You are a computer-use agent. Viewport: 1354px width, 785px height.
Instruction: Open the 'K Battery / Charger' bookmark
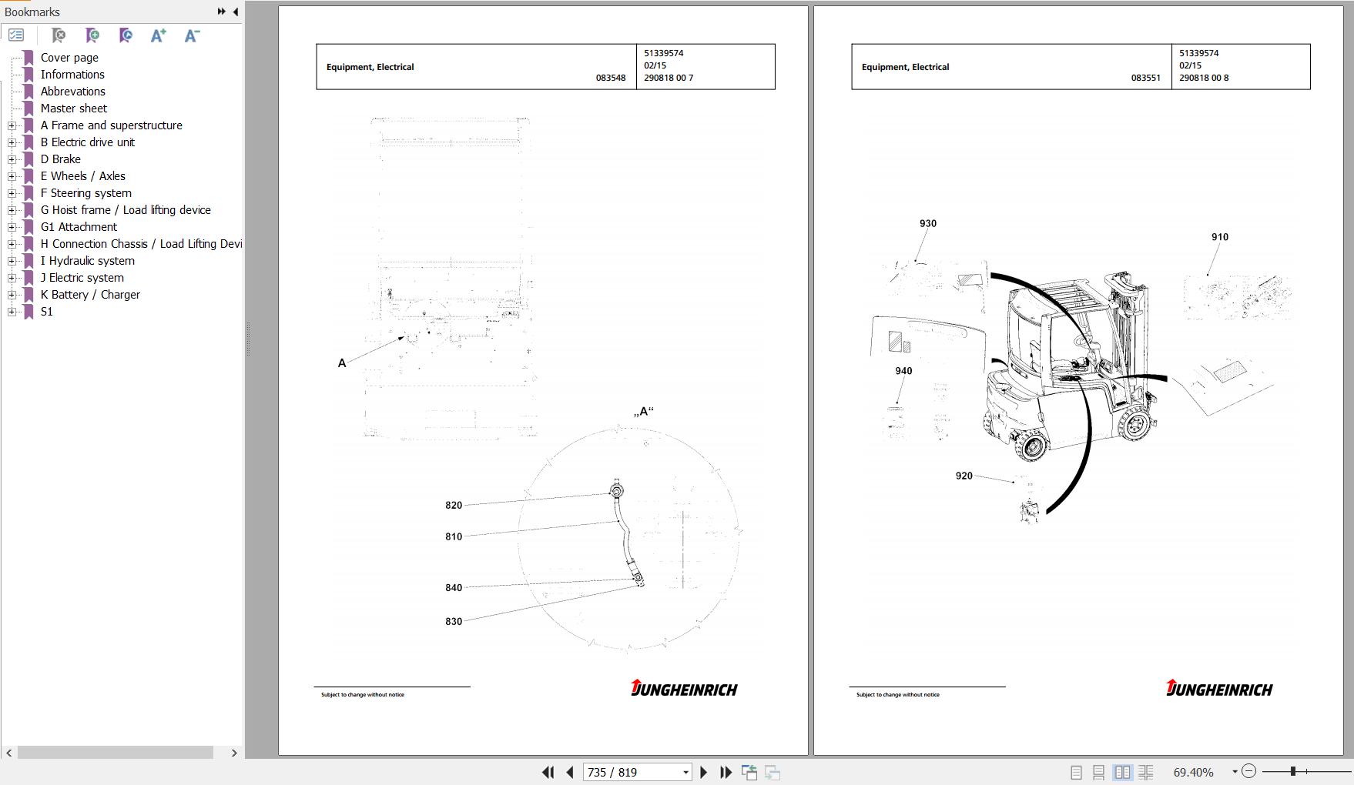click(90, 295)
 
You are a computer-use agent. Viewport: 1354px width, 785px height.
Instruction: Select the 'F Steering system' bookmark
click(85, 193)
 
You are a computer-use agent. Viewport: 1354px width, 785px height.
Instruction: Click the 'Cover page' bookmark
click(69, 58)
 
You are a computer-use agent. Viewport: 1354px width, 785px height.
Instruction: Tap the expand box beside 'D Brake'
click(12, 159)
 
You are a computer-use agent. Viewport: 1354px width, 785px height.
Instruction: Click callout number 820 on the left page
click(454, 506)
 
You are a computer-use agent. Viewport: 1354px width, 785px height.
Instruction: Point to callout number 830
click(454, 622)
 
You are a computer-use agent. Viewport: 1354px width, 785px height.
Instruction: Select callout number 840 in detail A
click(454, 588)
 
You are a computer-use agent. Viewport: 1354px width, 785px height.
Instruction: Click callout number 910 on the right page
click(1220, 237)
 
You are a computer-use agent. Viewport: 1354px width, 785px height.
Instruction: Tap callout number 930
click(928, 224)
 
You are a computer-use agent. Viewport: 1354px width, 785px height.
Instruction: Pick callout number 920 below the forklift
click(964, 476)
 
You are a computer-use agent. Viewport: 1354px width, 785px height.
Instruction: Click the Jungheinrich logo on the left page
click(684, 688)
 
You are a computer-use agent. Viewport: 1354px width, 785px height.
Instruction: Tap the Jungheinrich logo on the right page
click(1219, 688)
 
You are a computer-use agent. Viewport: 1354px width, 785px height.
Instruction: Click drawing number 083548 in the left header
click(611, 78)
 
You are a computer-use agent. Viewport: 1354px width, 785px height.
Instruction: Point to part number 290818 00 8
click(1204, 78)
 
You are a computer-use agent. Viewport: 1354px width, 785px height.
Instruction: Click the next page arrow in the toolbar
click(703, 772)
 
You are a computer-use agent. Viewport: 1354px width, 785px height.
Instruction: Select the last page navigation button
click(726, 772)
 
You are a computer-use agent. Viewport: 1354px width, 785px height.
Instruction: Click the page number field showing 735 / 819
click(637, 772)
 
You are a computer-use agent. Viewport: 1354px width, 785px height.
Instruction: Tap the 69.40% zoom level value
click(1194, 772)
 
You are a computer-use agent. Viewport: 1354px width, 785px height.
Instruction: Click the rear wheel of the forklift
click(1031, 445)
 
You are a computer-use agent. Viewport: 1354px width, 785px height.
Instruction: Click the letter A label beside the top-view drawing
click(342, 363)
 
